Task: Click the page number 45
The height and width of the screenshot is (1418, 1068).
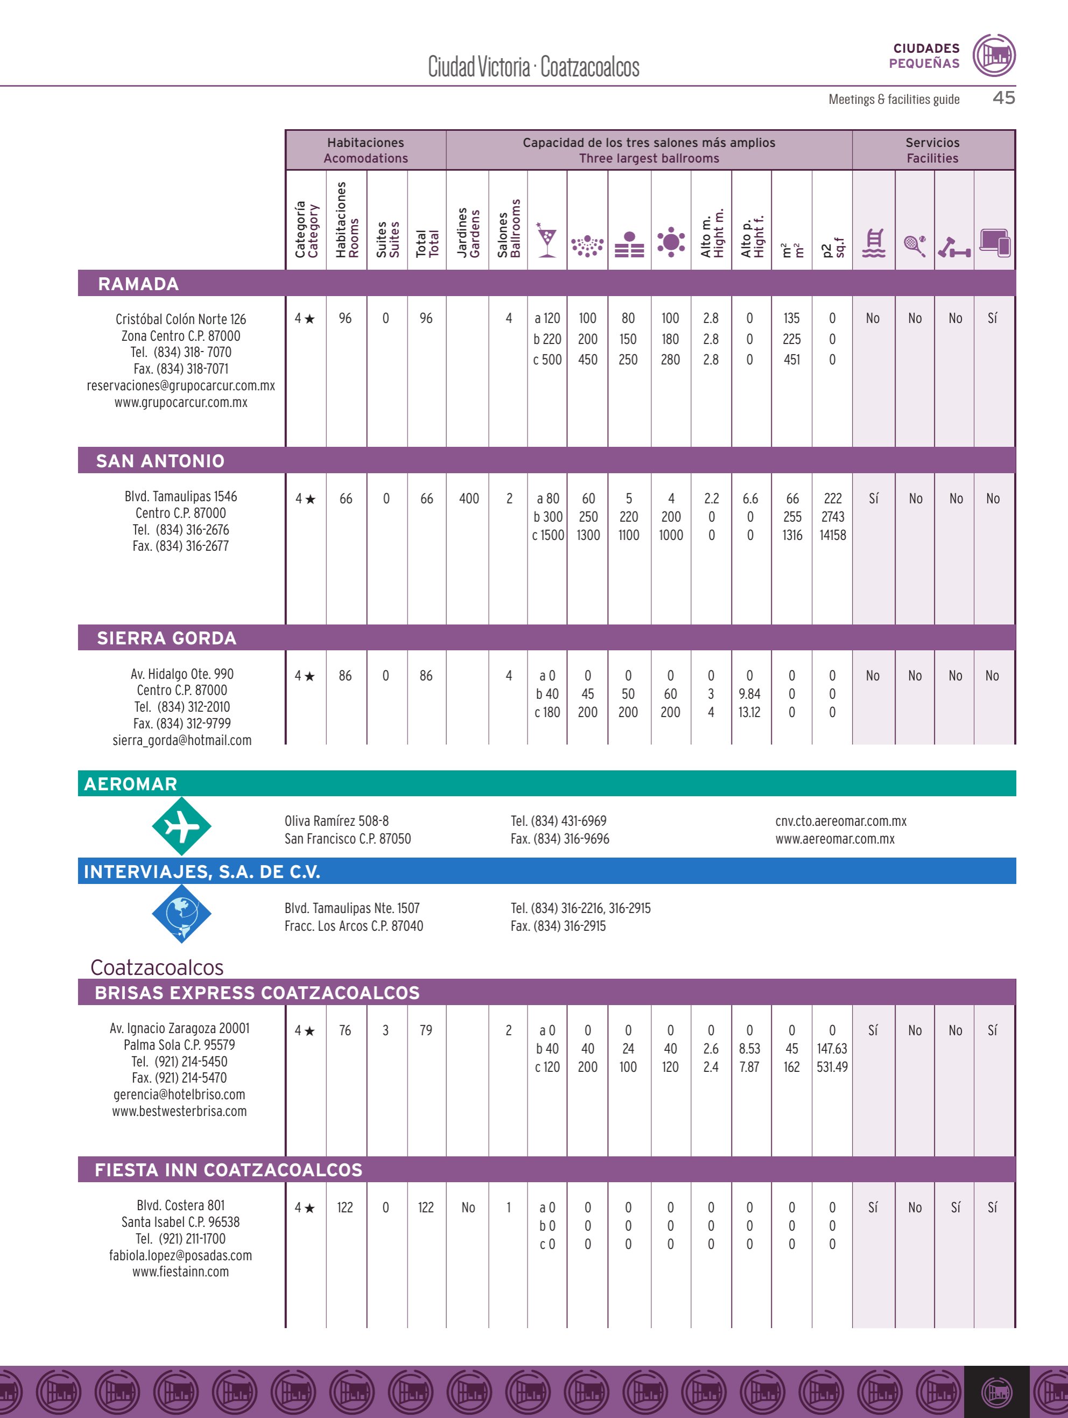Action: click(1003, 97)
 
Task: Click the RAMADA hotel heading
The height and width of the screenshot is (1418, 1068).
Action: click(138, 284)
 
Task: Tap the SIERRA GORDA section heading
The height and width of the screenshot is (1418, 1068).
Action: click(167, 638)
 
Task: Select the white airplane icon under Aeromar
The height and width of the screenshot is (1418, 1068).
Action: click(182, 826)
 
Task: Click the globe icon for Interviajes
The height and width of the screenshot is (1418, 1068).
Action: click(182, 913)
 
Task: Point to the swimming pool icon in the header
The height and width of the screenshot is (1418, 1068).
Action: click(874, 243)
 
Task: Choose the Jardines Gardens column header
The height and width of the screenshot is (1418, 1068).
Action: click(468, 233)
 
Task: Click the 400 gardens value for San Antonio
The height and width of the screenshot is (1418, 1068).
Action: click(469, 499)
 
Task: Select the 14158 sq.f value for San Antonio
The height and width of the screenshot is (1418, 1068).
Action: click(833, 535)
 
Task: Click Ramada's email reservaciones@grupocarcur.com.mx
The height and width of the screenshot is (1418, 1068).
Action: click(181, 385)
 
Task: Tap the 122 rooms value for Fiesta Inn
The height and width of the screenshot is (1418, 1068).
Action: click(345, 1207)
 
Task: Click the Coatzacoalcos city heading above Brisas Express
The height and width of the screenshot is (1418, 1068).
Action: click(157, 967)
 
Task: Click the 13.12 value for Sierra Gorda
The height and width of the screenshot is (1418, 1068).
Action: click(749, 712)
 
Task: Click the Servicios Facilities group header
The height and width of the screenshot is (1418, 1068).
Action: click(933, 150)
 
